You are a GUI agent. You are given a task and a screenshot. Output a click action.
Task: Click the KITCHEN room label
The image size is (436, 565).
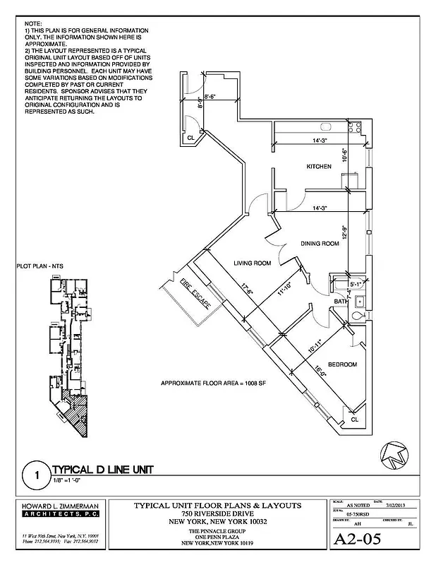(x=319, y=167)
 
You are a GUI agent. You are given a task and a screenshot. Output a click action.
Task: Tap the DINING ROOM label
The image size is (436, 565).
(x=321, y=243)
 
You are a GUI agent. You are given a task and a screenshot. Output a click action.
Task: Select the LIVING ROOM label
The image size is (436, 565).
(x=253, y=263)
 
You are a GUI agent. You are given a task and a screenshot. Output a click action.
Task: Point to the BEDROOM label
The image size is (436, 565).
(x=341, y=364)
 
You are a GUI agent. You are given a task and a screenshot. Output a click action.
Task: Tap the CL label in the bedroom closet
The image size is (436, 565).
(x=354, y=419)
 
